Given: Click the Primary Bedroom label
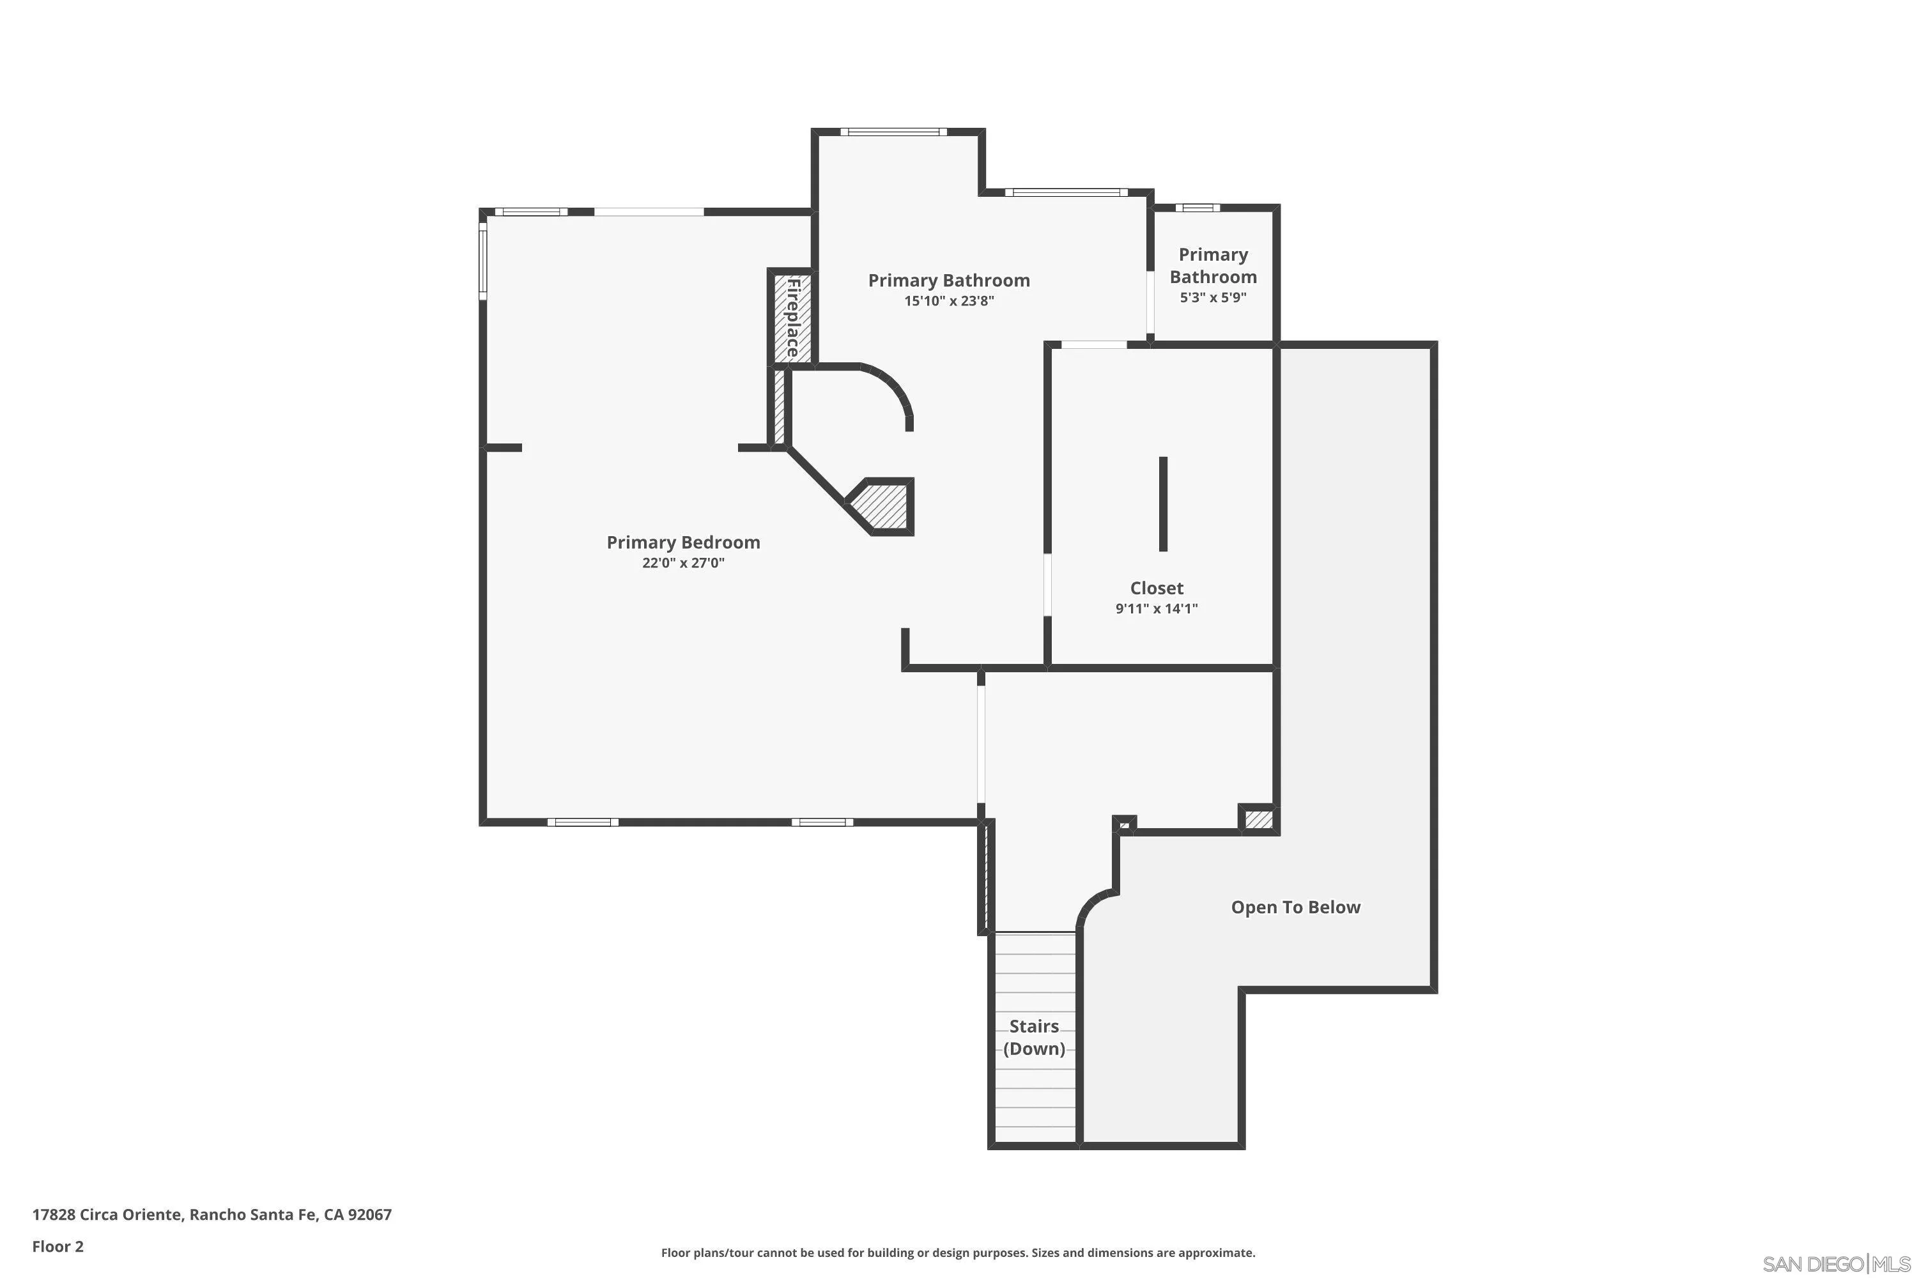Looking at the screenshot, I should click(683, 542).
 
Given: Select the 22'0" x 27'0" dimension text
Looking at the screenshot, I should click(683, 563).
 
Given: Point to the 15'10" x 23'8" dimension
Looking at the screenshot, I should click(949, 301).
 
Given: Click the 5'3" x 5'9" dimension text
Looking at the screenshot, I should click(1213, 298).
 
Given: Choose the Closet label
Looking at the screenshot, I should click(1157, 588).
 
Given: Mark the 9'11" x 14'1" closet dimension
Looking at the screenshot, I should click(1157, 609).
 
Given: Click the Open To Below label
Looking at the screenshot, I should click(1295, 907).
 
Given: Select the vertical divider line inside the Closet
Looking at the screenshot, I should click(1163, 504).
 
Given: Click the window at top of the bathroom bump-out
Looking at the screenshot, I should click(893, 131).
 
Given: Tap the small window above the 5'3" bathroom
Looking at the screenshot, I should click(1197, 208).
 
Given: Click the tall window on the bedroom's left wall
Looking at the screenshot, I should click(482, 261).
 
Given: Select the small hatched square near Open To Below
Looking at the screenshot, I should click(1258, 819).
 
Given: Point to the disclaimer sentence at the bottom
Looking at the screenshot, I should click(958, 1252).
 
